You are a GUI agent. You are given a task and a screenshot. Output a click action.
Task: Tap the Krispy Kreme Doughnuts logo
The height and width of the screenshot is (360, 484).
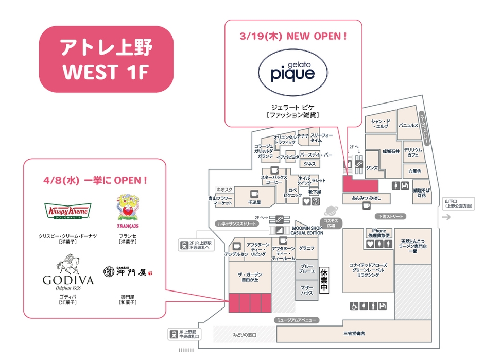click(x=67, y=211)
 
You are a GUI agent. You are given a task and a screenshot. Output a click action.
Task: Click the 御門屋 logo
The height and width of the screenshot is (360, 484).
click(x=128, y=271)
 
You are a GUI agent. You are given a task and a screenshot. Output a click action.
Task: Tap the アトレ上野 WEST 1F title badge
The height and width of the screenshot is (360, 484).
click(x=106, y=59)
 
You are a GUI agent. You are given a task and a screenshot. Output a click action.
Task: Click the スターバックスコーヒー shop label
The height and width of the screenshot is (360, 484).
click(x=274, y=180)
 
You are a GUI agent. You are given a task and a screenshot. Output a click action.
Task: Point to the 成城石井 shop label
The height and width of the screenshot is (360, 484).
click(x=390, y=152)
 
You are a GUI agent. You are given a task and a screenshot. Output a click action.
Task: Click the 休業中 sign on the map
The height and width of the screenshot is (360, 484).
click(x=324, y=281)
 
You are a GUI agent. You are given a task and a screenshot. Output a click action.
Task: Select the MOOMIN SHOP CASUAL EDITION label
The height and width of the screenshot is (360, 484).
click(x=307, y=230)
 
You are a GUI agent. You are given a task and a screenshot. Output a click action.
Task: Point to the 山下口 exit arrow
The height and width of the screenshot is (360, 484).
click(x=446, y=217)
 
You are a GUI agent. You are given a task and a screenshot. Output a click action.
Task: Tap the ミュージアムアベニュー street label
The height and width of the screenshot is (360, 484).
click(x=296, y=320)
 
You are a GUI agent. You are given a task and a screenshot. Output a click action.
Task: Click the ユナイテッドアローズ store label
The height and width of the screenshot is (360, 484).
click(x=368, y=269)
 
